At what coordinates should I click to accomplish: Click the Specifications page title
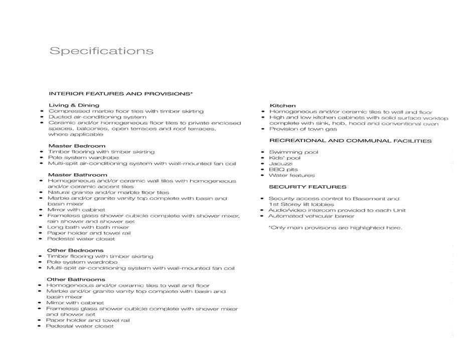(x=101, y=51)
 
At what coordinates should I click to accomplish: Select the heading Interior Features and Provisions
(x=121, y=93)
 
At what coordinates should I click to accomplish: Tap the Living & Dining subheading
(x=74, y=105)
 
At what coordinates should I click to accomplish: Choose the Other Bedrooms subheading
(x=75, y=250)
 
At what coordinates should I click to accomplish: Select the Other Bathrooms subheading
(x=76, y=279)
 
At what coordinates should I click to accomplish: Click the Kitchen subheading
(x=283, y=105)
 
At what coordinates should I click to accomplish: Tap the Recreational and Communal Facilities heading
(x=350, y=141)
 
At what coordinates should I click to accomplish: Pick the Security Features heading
(x=307, y=187)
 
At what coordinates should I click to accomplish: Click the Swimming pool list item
(x=293, y=152)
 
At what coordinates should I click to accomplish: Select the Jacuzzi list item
(x=281, y=164)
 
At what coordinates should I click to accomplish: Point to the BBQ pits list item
(x=283, y=170)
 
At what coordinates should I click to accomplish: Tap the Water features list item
(x=292, y=175)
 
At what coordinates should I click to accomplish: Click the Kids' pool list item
(x=285, y=158)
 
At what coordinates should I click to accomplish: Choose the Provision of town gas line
(x=303, y=129)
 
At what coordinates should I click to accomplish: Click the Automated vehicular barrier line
(x=311, y=216)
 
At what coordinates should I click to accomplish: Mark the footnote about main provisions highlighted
(x=335, y=227)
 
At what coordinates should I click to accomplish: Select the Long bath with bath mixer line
(x=88, y=227)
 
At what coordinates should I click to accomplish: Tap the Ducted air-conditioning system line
(x=97, y=116)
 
